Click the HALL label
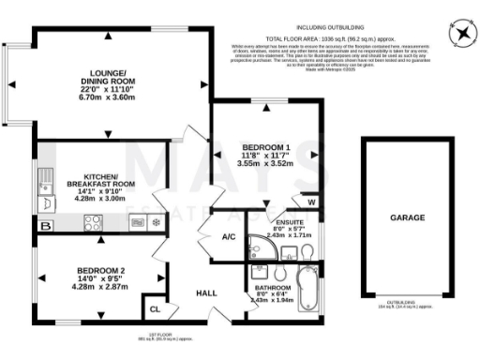coord(206,293)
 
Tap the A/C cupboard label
coord(228,238)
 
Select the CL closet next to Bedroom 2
coord(155,307)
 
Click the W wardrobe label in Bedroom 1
coord(310,201)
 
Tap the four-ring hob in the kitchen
coord(94,222)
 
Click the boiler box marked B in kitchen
coord(135,222)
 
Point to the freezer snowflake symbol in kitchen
coord(156,222)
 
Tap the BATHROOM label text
coord(271,288)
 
